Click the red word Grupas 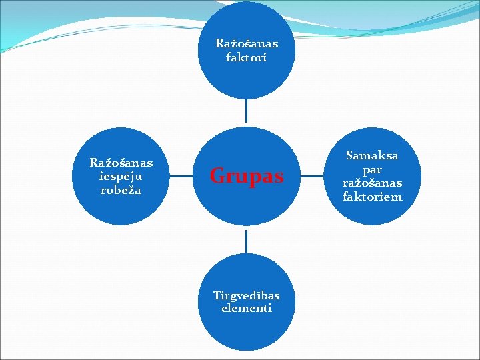click(x=247, y=177)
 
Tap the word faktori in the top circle click(x=247, y=57)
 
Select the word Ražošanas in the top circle click(x=247, y=44)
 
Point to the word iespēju click(x=121, y=177)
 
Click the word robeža click(x=121, y=189)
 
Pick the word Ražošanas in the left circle click(x=121, y=163)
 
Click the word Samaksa click(x=372, y=155)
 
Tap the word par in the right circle click(x=372, y=169)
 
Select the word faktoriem click(x=372, y=197)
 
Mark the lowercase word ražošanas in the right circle click(x=372, y=183)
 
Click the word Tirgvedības click(x=247, y=295)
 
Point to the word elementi click(x=247, y=309)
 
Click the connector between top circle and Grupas click(x=247, y=112)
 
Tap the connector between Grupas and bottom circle click(x=247, y=241)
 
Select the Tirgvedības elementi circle click(x=247, y=333)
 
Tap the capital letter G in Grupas click(x=217, y=176)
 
